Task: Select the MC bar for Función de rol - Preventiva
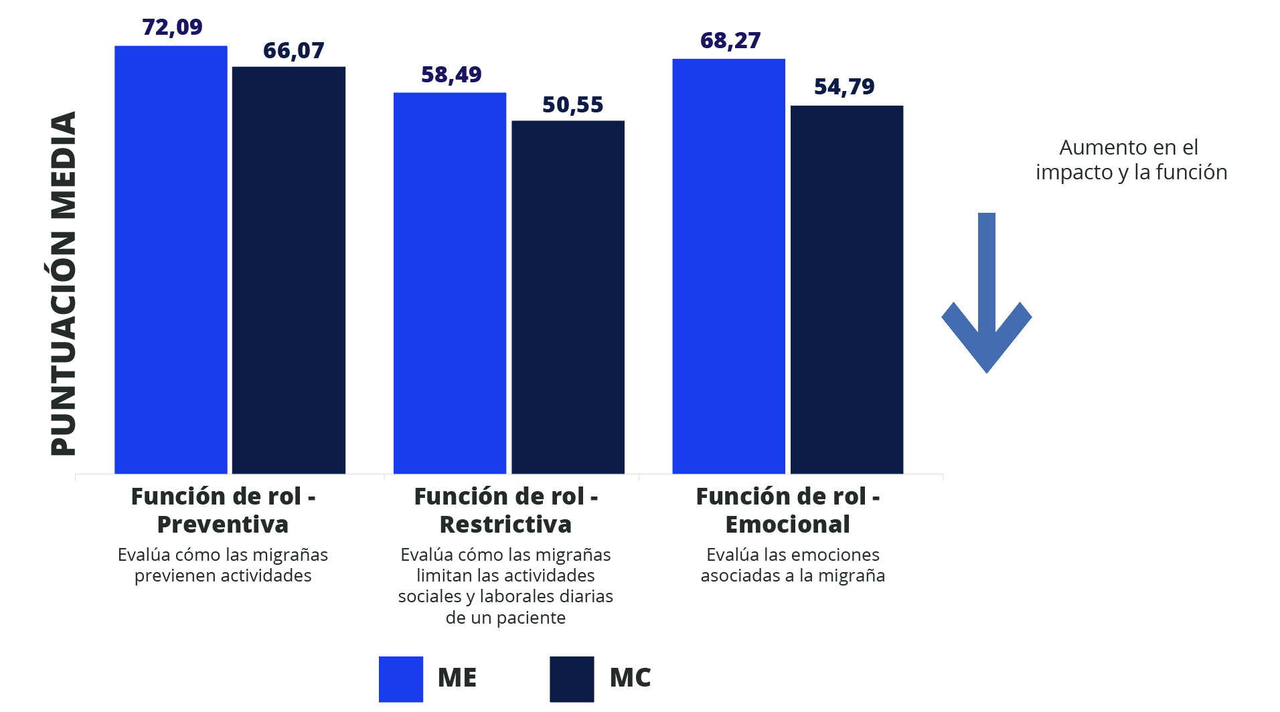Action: tap(289, 270)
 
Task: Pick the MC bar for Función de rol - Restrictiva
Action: tap(568, 297)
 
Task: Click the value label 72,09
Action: tap(172, 27)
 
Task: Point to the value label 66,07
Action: tap(293, 51)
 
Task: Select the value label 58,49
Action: tap(451, 75)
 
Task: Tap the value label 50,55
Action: tap(572, 105)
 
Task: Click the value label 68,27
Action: tap(730, 41)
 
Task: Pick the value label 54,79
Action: tap(844, 87)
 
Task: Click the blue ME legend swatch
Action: tap(400, 679)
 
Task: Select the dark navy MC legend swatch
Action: tap(572, 679)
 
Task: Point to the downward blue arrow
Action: tap(986, 294)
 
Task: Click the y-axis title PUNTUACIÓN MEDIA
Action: tap(64, 284)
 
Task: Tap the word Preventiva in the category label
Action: tap(222, 525)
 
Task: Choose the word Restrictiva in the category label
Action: tap(505, 525)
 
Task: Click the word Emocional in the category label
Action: tap(787, 525)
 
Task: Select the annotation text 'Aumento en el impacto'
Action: tap(1130, 159)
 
